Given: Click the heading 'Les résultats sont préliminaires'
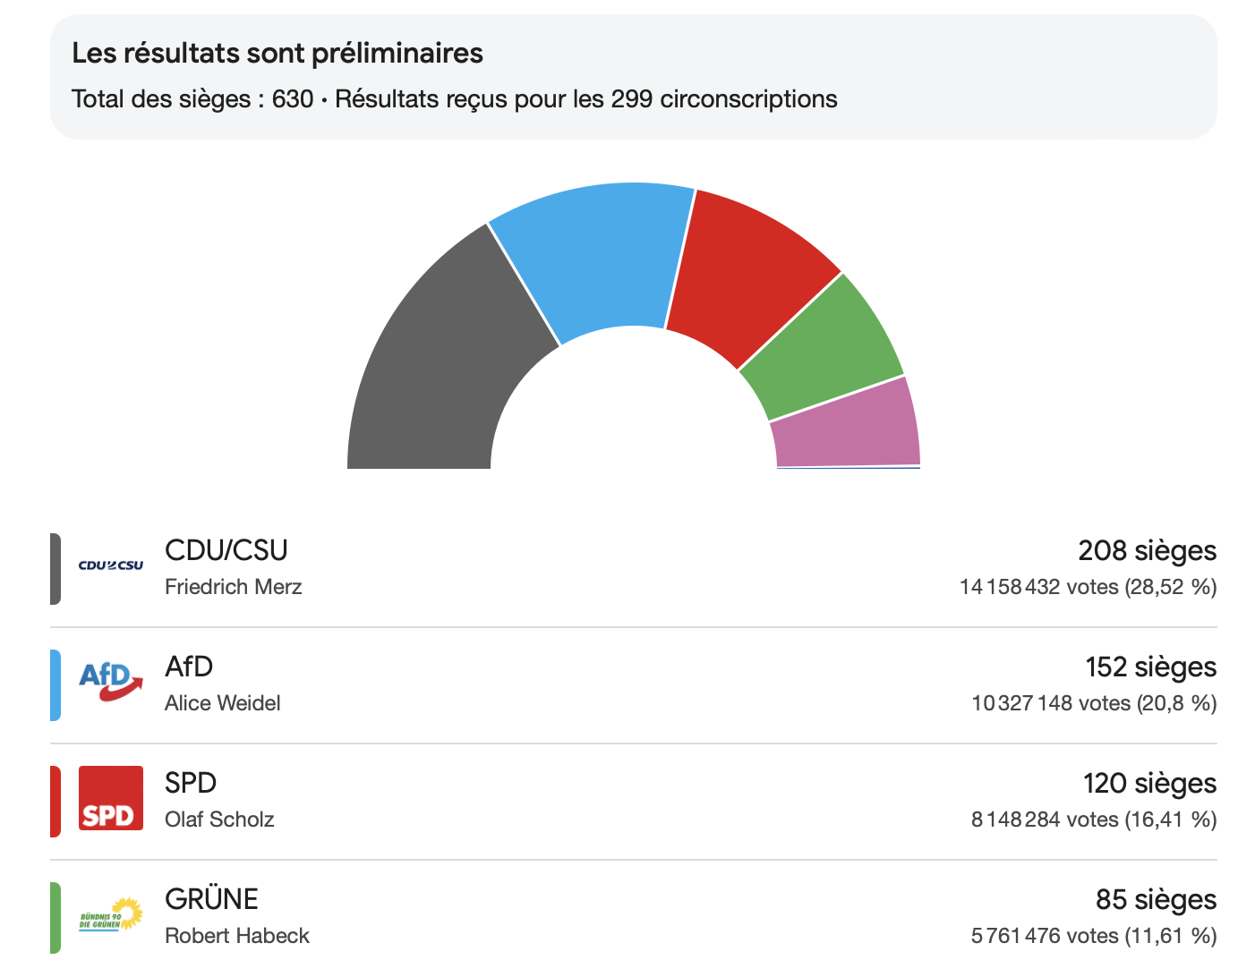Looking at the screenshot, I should [x=277, y=54].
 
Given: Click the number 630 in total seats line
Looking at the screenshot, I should [x=293, y=98].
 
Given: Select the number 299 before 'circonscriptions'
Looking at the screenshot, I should [x=632, y=98].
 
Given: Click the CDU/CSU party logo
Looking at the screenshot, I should [x=111, y=565].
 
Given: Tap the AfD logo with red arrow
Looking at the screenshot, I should [x=111, y=682].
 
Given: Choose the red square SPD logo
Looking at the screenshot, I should [x=111, y=798].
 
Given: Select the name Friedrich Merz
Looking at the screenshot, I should [x=234, y=587].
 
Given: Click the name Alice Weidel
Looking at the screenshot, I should [x=223, y=703].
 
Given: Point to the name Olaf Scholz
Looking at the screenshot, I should [x=219, y=820].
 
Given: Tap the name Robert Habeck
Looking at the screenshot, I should [x=237, y=936].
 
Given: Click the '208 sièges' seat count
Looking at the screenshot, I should [x=1147, y=551].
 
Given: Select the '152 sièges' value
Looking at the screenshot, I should [x=1150, y=667].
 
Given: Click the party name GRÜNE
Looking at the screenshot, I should [x=212, y=899].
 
